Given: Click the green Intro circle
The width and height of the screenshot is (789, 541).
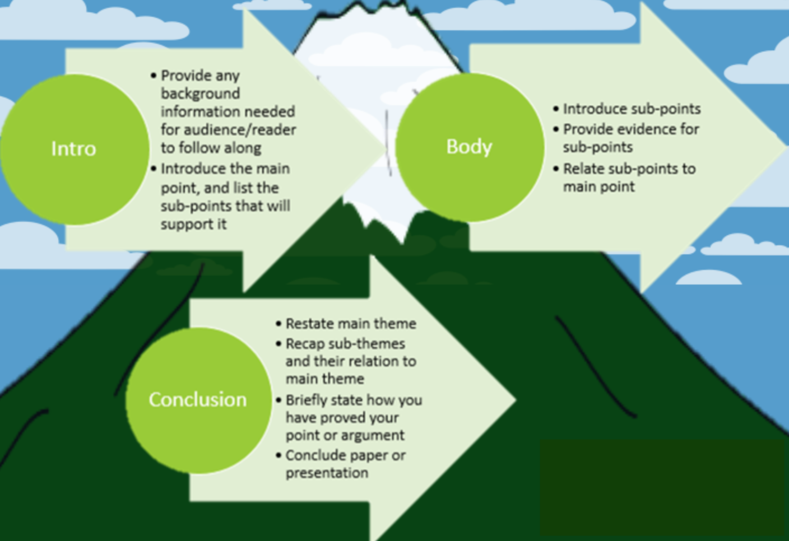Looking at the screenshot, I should click(x=74, y=149).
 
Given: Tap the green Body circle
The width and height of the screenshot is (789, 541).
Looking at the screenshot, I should click(x=470, y=147).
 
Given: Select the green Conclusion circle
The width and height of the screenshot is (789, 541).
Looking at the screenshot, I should click(x=198, y=399).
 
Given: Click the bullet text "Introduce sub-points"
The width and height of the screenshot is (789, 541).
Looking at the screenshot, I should click(x=632, y=109).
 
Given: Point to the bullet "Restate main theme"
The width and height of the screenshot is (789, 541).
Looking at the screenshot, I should click(x=351, y=324).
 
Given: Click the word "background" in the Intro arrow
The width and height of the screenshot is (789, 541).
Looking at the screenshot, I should click(x=200, y=94).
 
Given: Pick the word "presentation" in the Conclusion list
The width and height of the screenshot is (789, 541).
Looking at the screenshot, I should click(x=327, y=473).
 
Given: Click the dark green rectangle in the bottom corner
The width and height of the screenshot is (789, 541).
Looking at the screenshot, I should click(x=663, y=487).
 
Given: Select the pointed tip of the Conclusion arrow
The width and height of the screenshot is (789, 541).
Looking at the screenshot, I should click(x=513, y=399).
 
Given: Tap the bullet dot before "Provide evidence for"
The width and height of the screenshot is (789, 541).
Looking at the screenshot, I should click(x=556, y=129).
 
